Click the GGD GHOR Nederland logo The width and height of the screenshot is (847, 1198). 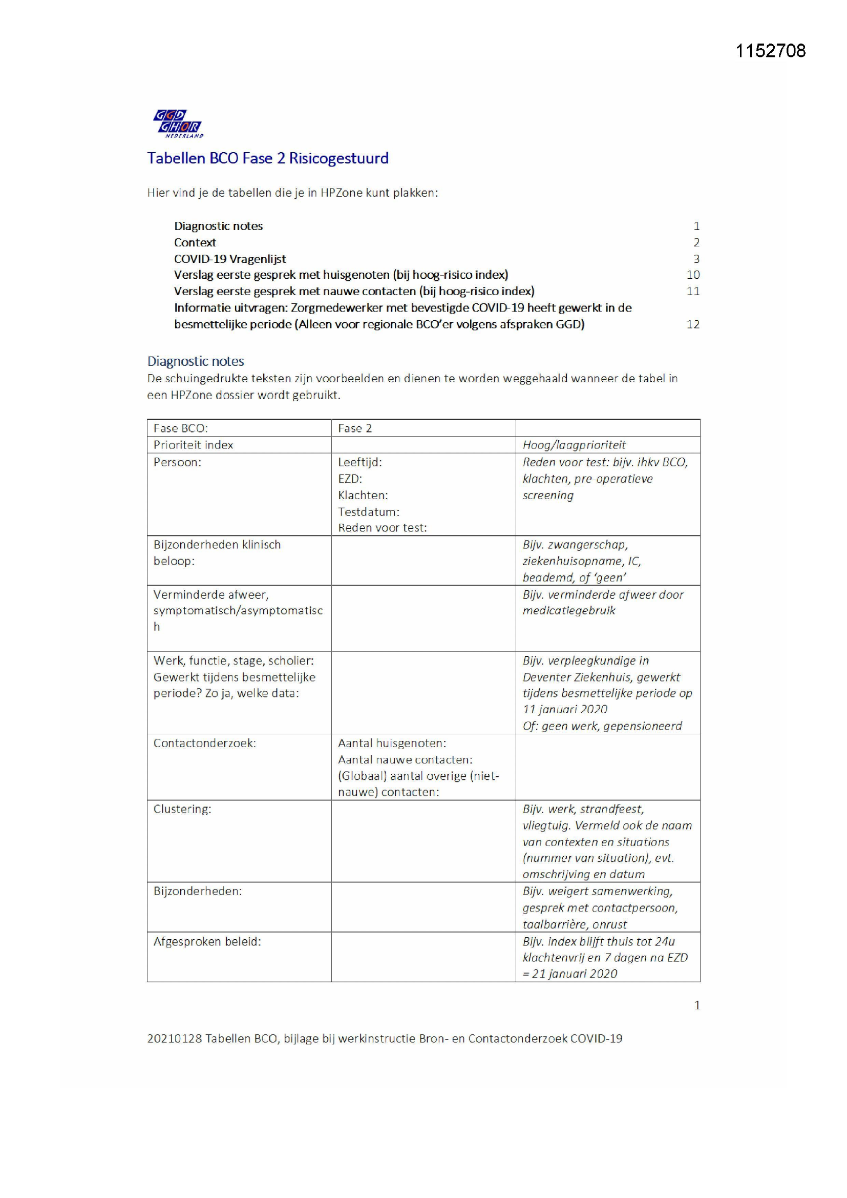(178, 123)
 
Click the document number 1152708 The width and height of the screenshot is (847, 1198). (770, 51)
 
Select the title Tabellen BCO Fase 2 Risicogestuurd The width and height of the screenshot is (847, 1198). (267, 158)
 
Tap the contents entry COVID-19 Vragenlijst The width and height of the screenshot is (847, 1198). (229, 259)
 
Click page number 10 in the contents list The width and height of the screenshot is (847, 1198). (693, 275)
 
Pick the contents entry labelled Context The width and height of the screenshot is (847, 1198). (195, 243)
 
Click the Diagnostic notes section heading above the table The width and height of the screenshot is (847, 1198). (196, 361)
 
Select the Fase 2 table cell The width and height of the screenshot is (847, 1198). (355, 428)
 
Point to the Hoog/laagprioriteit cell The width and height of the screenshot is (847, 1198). (574, 445)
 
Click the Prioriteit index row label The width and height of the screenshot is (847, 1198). (193, 445)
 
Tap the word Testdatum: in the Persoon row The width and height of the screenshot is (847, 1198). (368, 512)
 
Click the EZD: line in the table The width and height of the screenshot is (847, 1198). (349, 479)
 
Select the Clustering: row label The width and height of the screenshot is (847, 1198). (182, 809)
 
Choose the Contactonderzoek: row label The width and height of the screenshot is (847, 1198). (204, 743)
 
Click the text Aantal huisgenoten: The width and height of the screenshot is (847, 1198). (392, 743)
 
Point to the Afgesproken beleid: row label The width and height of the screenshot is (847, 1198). (207, 942)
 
